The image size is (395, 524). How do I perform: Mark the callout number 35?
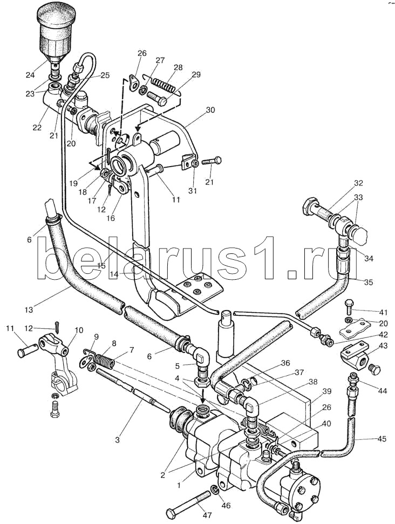[x=369, y=281]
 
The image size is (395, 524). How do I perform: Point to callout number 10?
[x=79, y=330]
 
